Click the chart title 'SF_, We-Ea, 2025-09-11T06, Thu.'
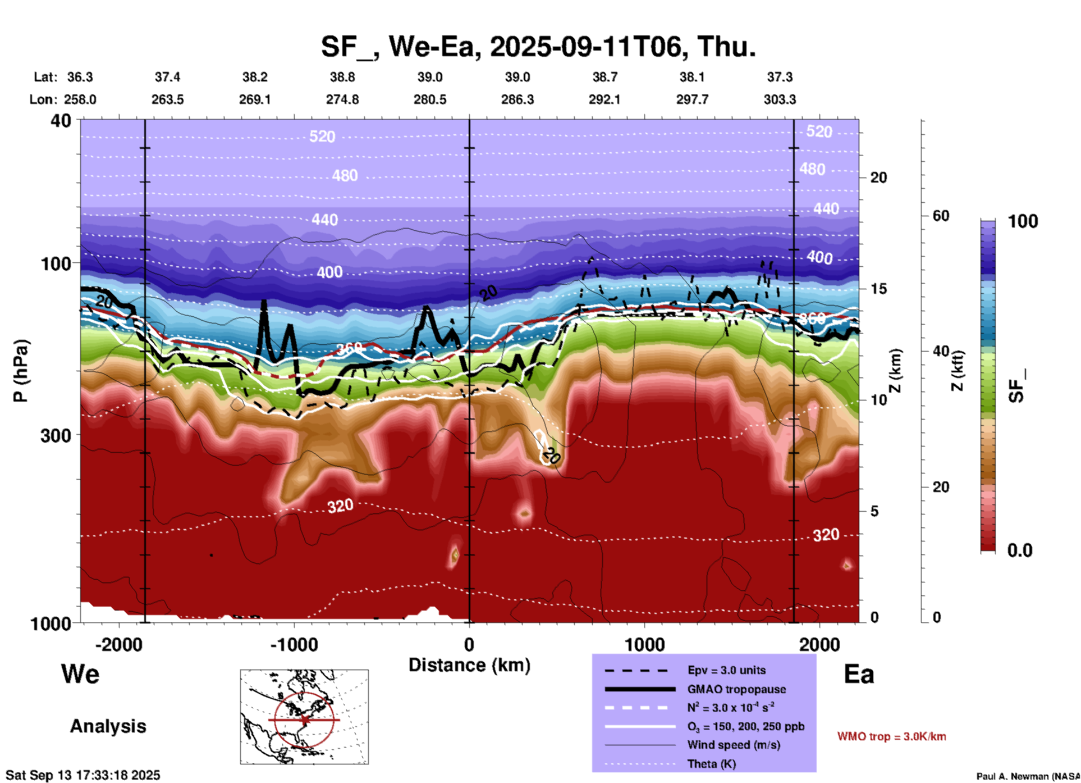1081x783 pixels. (538, 47)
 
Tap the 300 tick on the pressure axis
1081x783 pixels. (56, 435)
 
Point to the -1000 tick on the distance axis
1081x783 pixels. (294, 644)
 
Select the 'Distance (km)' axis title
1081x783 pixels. (469, 665)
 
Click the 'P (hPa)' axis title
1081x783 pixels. (21, 370)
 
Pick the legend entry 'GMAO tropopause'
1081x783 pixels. (736, 689)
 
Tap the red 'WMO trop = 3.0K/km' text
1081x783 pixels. (891, 736)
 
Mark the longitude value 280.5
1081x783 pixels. (430, 99)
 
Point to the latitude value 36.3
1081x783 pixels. (80, 77)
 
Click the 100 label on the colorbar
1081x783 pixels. (1023, 221)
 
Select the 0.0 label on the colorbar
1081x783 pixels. (1020, 550)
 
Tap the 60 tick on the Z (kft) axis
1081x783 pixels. (941, 216)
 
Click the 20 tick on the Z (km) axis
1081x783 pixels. (878, 177)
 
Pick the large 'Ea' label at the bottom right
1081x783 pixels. (859, 674)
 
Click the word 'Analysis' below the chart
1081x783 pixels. (108, 726)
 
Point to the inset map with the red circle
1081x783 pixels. (304, 717)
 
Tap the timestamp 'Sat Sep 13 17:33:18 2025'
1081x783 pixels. (83, 775)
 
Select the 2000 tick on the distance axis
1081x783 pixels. (819, 644)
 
